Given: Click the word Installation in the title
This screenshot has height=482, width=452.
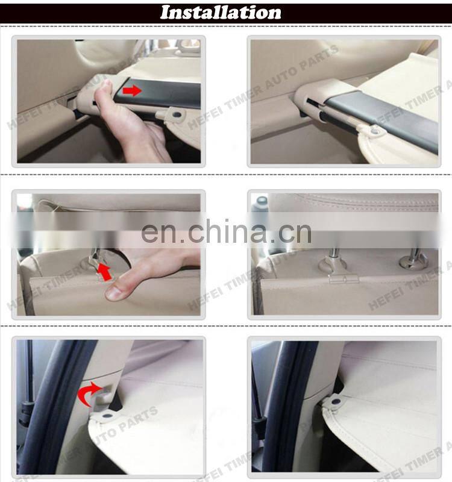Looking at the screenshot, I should click(x=221, y=13).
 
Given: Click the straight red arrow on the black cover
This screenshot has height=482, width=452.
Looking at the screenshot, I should click(x=132, y=91).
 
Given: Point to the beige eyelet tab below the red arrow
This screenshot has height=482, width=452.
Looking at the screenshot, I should click(x=175, y=112).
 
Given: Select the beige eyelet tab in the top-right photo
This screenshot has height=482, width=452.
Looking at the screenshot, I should click(x=375, y=128).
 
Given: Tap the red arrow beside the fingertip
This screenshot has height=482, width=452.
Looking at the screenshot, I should click(x=105, y=272).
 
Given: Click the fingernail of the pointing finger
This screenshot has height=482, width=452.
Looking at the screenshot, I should click(x=115, y=293).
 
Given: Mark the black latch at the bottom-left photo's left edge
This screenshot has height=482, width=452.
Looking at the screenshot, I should click(x=26, y=413).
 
